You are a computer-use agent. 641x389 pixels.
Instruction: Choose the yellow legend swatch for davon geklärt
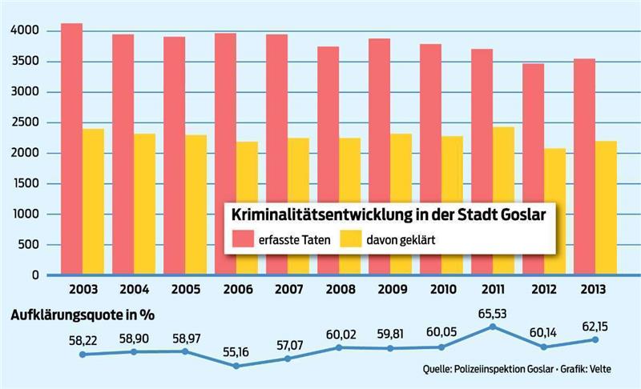coord(349,239)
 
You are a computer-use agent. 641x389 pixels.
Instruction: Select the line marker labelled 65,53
coord(494,327)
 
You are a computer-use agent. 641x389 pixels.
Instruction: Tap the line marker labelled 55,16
coord(236,366)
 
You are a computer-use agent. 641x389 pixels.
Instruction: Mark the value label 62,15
coord(595,326)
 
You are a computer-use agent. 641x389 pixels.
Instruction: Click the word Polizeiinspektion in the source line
coord(502,371)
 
